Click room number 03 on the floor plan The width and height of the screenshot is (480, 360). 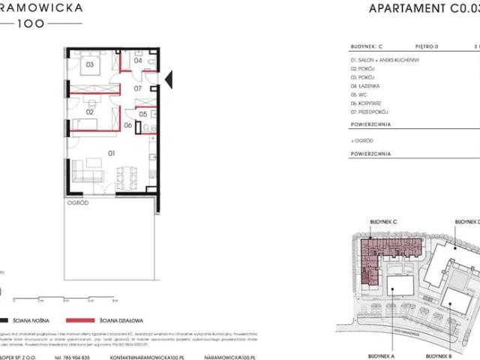(89, 65)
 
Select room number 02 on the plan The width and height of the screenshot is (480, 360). (88, 112)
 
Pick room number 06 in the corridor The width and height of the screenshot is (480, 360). (128, 125)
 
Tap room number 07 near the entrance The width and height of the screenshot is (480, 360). (137, 89)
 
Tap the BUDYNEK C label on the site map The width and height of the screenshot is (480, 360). (383, 223)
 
